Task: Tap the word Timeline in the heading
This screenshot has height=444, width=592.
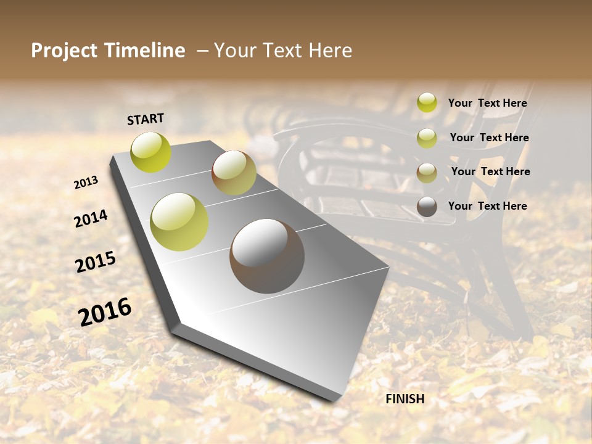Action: tap(145, 51)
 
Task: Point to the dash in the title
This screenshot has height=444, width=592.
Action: tap(202, 51)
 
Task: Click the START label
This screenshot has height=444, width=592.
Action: tap(146, 119)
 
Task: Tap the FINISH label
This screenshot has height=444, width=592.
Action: tap(405, 399)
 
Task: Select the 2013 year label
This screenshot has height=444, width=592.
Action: tap(86, 183)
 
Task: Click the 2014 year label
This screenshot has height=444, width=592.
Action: tap(91, 219)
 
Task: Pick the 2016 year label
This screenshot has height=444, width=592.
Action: tap(105, 311)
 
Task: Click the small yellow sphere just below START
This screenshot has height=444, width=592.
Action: tap(151, 152)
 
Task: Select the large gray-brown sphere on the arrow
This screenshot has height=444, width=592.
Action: tap(267, 256)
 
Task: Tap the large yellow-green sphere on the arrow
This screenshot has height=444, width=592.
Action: tap(179, 222)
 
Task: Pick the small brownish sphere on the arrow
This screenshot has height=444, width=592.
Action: tap(234, 173)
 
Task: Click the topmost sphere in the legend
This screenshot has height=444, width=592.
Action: tap(427, 102)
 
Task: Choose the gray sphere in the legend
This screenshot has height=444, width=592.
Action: tap(427, 207)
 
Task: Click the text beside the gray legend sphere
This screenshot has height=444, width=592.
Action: tap(487, 206)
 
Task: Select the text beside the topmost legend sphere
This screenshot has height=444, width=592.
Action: tap(487, 103)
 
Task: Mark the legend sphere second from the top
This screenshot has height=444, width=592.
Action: tap(427, 138)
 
